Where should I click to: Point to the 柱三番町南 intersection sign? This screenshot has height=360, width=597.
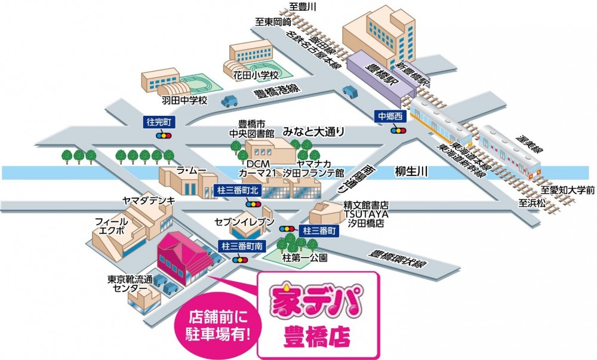coord(239,245)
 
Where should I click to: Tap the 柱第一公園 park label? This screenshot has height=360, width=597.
coord(306,259)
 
